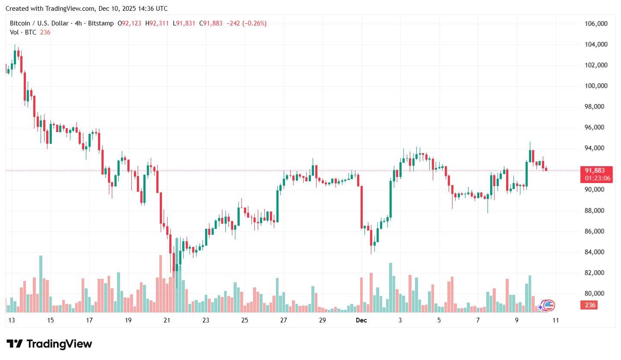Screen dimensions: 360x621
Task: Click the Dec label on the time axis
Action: (361, 320)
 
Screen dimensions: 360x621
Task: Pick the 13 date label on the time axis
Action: (12, 320)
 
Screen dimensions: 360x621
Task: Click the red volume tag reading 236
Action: (590, 305)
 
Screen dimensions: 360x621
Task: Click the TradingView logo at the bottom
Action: (50, 344)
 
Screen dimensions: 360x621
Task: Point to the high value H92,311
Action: (157, 23)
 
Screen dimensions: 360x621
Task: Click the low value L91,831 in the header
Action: (184, 23)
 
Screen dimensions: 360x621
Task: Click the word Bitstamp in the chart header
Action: (101, 23)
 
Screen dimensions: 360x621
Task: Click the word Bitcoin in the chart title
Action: (20, 23)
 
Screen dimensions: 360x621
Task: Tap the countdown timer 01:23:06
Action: (598, 178)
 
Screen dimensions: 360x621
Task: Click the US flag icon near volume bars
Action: (548, 306)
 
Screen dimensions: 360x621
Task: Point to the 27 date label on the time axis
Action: (284, 320)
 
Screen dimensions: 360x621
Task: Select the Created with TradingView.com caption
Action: (50, 9)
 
